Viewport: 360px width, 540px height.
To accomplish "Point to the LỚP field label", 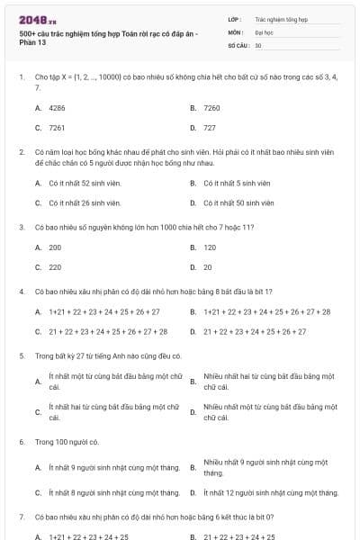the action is coord(234,18).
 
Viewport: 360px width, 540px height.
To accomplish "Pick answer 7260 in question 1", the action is coord(211,107).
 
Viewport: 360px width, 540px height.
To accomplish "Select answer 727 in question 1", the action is coord(210,128).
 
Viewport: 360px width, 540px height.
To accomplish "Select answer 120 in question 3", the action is coord(210,247).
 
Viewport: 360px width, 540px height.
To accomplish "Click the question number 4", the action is coord(21,292).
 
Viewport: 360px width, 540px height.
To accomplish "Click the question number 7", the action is coord(21,517).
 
